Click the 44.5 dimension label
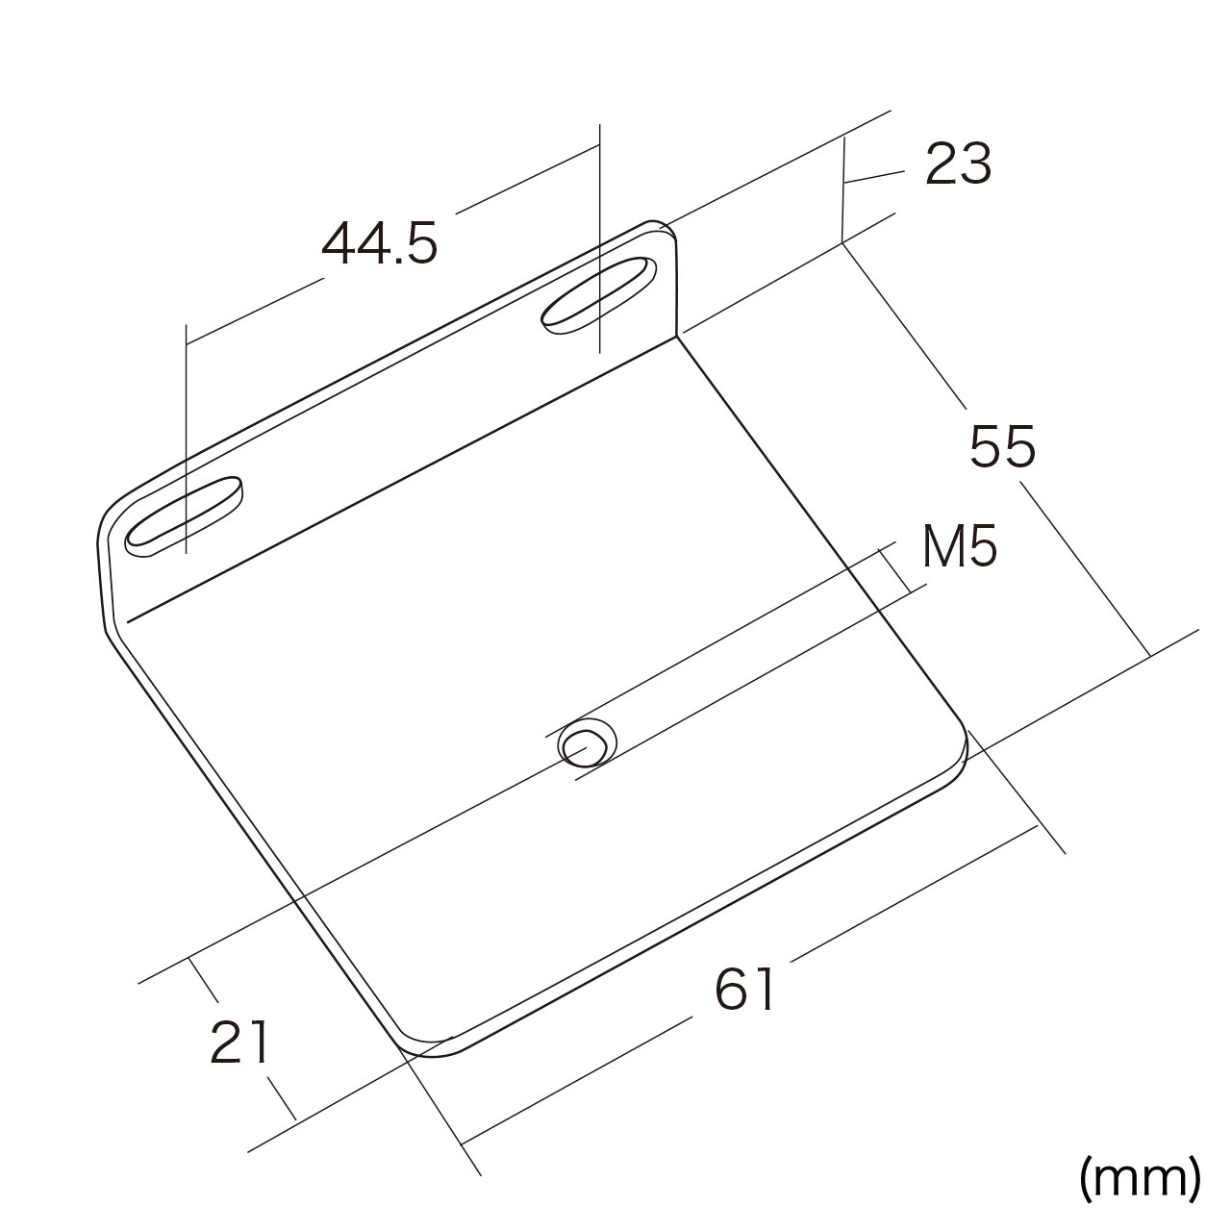380,242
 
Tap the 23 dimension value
958,164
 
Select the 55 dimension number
1002,447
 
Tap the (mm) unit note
1141,1177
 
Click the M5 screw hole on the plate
589,742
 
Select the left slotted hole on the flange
185,516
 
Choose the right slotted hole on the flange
598,295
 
